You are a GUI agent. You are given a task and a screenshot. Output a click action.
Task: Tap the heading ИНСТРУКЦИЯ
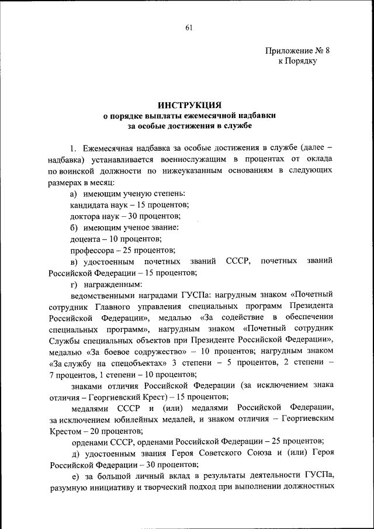point(188,105)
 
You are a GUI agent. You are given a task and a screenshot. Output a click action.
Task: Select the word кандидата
point(88,205)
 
